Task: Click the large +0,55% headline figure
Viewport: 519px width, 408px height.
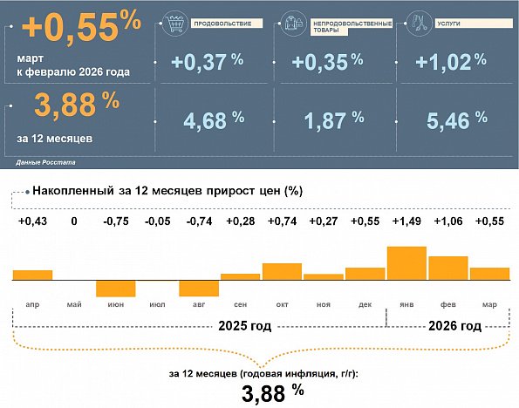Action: [x=81, y=30]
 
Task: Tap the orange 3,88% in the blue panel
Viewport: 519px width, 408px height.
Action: [x=76, y=104]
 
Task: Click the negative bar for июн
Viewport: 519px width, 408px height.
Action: [x=115, y=289]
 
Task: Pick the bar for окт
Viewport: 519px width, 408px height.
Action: [x=282, y=271]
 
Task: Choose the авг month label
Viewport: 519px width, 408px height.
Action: [x=199, y=305]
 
